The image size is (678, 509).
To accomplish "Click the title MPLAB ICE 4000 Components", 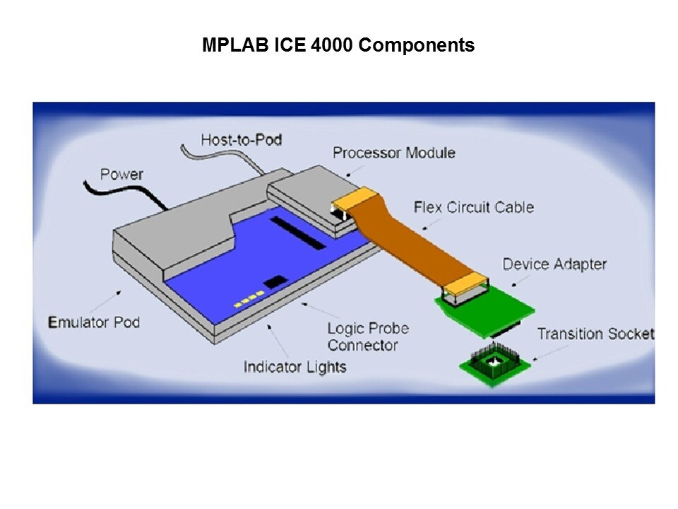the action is pyautogui.click(x=338, y=45).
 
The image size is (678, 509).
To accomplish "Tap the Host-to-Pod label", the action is pyautogui.click(x=242, y=140).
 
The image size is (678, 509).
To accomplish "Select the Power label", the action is pyautogui.click(x=121, y=175).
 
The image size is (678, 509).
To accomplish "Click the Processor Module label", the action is pyautogui.click(x=394, y=153).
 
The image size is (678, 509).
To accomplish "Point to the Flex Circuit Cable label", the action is pyautogui.click(x=474, y=207).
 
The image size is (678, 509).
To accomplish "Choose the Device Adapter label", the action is pyautogui.click(x=554, y=264).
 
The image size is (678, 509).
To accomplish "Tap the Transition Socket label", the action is pyautogui.click(x=595, y=334).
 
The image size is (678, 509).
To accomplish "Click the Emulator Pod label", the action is pyautogui.click(x=94, y=322).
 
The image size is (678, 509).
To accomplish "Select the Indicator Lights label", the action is pyautogui.click(x=295, y=367).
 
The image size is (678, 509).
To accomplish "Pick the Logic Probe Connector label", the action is pyautogui.click(x=368, y=337).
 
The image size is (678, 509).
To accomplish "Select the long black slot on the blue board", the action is pyautogui.click(x=298, y=233).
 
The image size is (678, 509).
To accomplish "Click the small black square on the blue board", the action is pyautogui.click(x=275, y=282).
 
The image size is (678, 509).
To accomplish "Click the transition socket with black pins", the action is pyautogui.click(x=494, y=363).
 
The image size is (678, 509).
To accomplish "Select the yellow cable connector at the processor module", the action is pyautogui.click(x=355, y=198).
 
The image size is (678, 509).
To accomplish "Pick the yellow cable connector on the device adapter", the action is pyautogui.click(x=466, y=285).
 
